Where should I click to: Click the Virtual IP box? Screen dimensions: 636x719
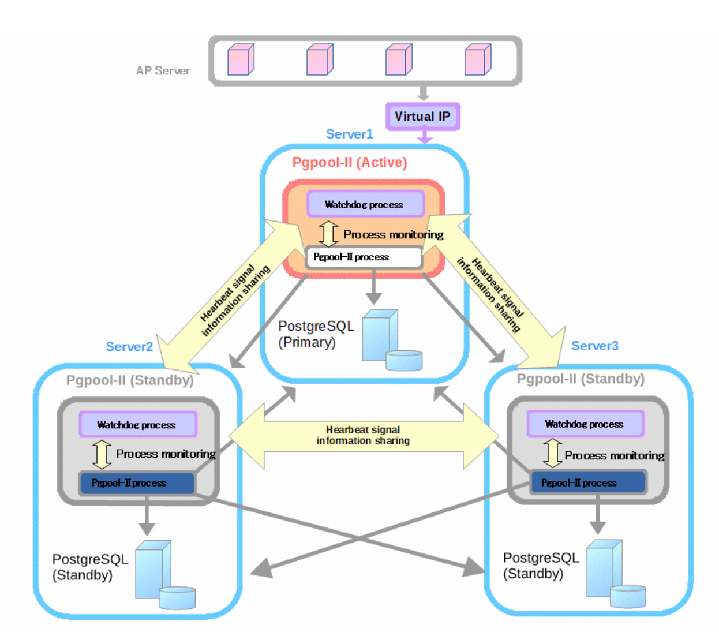pos(422,117)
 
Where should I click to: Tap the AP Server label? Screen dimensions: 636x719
pos(163,71)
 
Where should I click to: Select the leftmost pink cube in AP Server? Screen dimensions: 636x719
pos(241,60)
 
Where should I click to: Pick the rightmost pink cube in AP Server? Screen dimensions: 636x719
pos(478,60)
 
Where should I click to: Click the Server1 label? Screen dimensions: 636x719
pos(349,134)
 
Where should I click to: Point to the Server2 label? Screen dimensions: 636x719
pos(129,347)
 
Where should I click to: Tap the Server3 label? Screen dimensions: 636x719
pos(594,346)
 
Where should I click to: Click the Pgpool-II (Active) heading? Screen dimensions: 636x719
pos(349,163)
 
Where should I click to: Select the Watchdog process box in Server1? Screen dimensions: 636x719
pos(365,204)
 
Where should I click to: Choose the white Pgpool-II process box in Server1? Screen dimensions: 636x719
pos(364,257)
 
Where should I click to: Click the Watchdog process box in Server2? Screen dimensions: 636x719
pos(137,425)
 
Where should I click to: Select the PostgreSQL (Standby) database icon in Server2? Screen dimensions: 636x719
pos(164,575)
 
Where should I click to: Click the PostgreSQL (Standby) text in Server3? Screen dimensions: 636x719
pos(540,566)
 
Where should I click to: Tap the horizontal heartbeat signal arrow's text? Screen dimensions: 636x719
pos(363,435)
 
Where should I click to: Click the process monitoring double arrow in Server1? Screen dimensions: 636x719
pos(329,234)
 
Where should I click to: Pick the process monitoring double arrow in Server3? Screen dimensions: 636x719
pos(552,453)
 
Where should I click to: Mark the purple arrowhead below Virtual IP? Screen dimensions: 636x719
pos(425,139)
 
